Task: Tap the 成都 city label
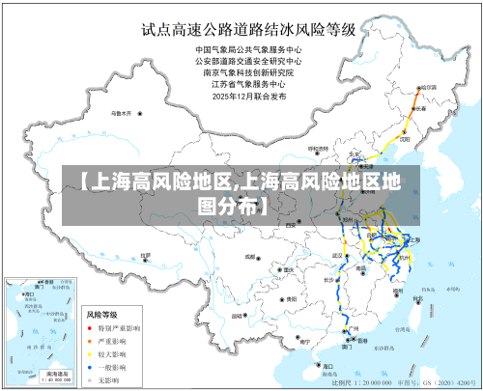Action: [x=249, y=257]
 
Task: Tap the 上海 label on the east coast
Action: [x=415, y=239]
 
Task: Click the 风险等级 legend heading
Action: [x=101, y=315]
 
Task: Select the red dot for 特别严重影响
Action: [x=91, y=328]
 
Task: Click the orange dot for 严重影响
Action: [x=91, y=341]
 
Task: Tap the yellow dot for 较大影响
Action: [x=91, y=354]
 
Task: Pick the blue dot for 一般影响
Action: [x=91, y=367]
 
